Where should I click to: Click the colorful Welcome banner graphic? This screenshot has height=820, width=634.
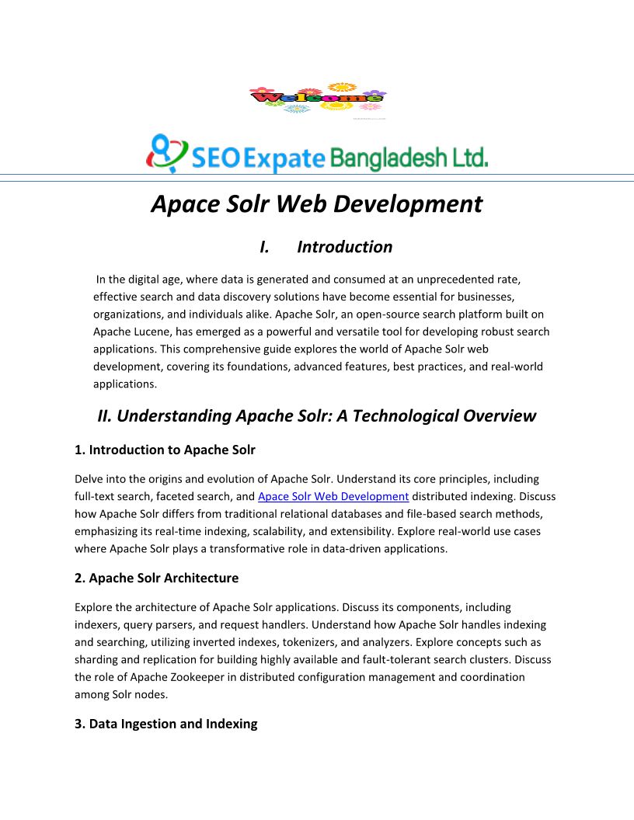tap(317, 99)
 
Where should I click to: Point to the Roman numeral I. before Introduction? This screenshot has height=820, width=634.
tap(264, 247)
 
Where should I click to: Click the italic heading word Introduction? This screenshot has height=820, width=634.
tap(344, 247)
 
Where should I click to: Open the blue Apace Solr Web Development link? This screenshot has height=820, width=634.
tap(333, 496)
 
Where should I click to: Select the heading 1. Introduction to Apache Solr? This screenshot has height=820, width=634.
tap(165, 450)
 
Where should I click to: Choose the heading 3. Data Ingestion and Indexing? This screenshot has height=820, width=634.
tap(165, 724)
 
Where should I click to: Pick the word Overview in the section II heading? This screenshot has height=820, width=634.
tap(500, 415)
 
